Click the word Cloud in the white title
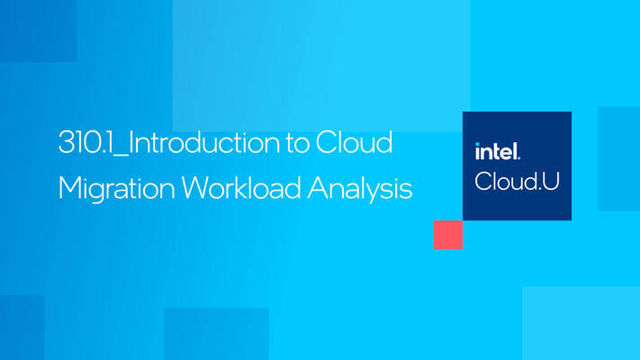pyautogui.click(x=362, y=144)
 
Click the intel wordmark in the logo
pyautogui.click(x=497, y=151)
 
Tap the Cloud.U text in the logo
pyautogui.click(x=517, y=180)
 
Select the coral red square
pyautogui.click(x=447, y=234)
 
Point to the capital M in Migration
pyautogui.click(x=68, y=188)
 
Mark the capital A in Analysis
pyautogui.click(x=320, y=188)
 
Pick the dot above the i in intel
pyautogui.click(x=478, y=144)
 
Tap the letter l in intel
pyautogui.click(x=516, y=150)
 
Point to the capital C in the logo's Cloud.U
pyautogui.click(x=483, y=180)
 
